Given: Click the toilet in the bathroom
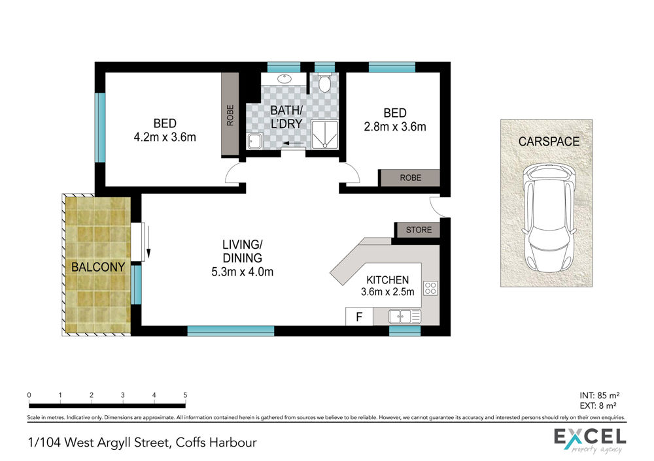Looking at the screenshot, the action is [x=324, y=83].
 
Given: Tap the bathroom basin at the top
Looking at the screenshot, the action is [x=284, y=78].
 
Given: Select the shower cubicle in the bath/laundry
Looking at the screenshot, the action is [x=325, y=135].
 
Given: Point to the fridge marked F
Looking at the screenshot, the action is [x=359, y=317].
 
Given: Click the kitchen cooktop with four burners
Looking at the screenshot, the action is [x=430, y=288].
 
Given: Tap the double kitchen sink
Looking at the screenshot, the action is [x=405, y=317].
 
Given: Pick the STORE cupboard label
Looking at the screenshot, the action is [x=419, y=230].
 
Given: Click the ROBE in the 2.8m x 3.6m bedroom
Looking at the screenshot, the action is [x=411, y=178].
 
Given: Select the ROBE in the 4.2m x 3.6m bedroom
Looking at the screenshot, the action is [x=230, y=116].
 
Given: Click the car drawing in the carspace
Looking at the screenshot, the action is [x=549, y=217].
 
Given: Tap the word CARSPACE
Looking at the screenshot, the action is [x=549, y=142].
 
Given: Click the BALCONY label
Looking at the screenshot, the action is [x=98, y=267].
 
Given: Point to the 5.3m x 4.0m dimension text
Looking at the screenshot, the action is [x=243, y=272].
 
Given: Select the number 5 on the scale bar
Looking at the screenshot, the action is [x=185, y=395].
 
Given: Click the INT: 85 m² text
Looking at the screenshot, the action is [x=599, y=395].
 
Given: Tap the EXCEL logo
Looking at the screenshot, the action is [x=590, y=441].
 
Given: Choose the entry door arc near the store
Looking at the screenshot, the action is [x=436, y=207].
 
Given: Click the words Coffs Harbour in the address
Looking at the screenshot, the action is [x=216, y=442].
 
